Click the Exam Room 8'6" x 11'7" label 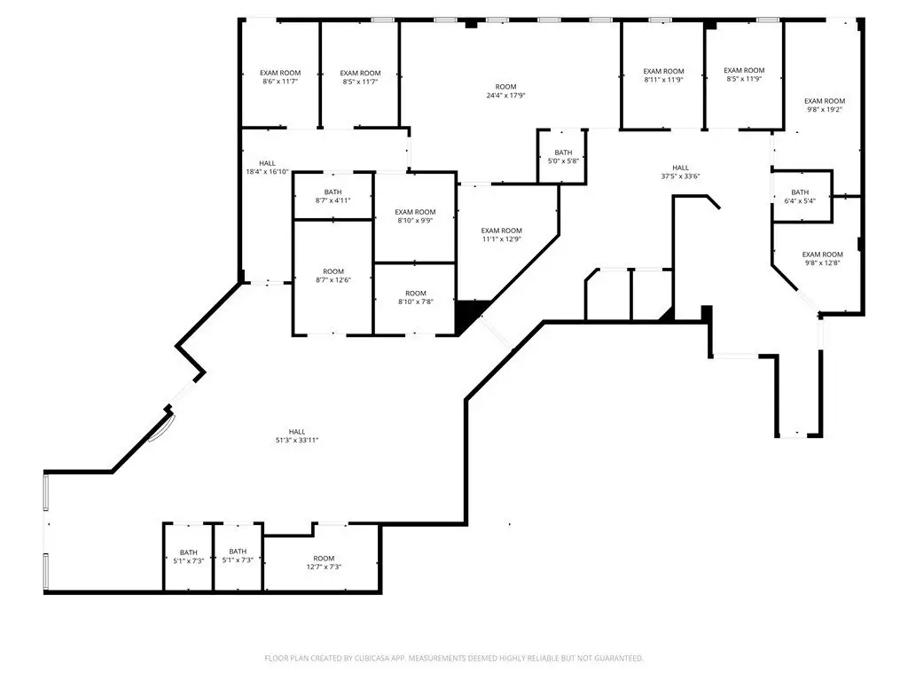(x=280, y=77)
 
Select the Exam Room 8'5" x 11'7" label (x=360, y=77)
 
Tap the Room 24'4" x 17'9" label (x=505, y=91)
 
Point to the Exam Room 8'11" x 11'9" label (x=663, y=75)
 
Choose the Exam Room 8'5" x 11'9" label (x=744, y=74)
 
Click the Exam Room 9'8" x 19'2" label (x=825, y=105)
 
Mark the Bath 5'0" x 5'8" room (x=563, y=156)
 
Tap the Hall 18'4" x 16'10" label (x=267, y=168)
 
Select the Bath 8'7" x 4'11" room (x=333, y=196)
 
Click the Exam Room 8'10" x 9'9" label (x=415, y=216)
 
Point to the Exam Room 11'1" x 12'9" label (x=502, y=234)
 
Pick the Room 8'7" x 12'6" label (x=333, y=276)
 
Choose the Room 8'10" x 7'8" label (x=416, y=297)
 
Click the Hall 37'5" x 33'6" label (x=680, y=172)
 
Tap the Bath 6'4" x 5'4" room (x=802, y=196)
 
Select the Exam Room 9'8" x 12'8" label (x=822, y=258)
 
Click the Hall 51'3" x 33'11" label (x=297, y=435)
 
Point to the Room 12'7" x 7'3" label (x=324, y=562)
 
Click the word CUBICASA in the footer (x=377, y=659)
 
